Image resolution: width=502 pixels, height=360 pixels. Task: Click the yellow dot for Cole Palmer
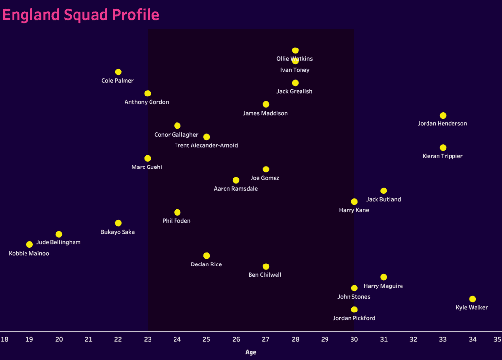click(x=118, y=72)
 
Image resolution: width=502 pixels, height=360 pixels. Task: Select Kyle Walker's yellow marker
click(x=472, y=299)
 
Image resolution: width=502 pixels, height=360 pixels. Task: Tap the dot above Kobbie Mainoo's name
click(x=29, y=244)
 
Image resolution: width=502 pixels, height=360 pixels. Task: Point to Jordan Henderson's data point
click(x=443, y=116)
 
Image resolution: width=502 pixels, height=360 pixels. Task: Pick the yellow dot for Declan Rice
click(x=206, y=256)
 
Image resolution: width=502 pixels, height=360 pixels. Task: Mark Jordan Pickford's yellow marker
click(x=354, y=310)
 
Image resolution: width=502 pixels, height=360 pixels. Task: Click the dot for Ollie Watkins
click(x=295, y=50)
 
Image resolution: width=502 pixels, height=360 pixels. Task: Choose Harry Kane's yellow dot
click(x=354, y=202)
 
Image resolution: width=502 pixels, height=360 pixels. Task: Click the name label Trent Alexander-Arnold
click(x=206, y=145)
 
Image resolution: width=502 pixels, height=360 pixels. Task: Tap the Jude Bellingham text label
click(x=58, y=242)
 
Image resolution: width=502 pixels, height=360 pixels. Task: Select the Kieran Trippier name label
click(x=442, y=156)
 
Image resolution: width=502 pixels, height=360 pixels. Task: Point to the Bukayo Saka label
click(x=118, y=232)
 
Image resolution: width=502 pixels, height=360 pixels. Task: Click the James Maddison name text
click(x=265, y=113)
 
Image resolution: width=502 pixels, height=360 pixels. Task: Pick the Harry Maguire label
click(x=383, y=286)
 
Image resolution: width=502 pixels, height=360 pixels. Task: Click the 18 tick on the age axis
click(x=4, y=339)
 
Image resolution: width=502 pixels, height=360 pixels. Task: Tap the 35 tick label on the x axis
click(x=497, y=339)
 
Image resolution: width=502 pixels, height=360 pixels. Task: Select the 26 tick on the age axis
click(x=236, y=339)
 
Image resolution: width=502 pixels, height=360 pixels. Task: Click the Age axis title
click(x=251, y=352)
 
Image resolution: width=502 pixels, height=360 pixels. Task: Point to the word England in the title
click(x=31, y=15)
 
